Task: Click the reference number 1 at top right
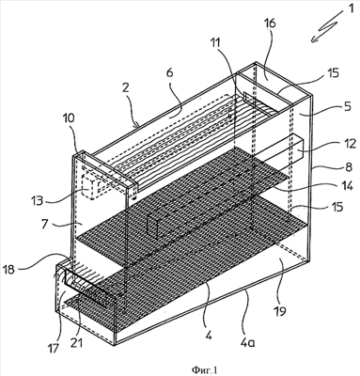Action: (x=352, y=8)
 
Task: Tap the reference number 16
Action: (x=270, y=23)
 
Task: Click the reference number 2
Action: (x=126, y=87)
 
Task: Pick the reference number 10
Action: (x=70, y=118)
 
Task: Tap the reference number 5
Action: (x=348, y=107)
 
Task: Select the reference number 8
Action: (x=348, y=166)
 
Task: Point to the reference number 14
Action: (x=347, y=186)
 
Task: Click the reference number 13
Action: (x=38, y=200)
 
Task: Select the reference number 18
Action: (x=9, y=269)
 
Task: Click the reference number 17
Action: (x=53, y=348)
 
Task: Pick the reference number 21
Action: (x=76, y=343)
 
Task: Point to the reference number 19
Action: (x=281, y=311)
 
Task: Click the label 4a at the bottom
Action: (x=247, y=342)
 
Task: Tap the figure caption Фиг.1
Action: (x=204, y=370)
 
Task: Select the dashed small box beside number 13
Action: (x=89, y=187)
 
